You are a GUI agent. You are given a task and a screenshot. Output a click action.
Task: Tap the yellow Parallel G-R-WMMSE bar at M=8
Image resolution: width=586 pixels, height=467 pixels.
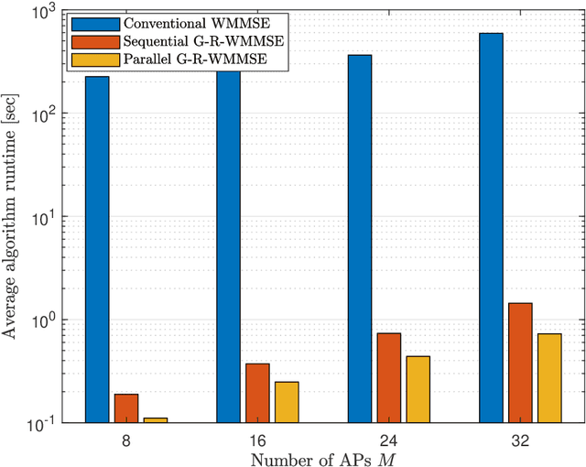point(156,420)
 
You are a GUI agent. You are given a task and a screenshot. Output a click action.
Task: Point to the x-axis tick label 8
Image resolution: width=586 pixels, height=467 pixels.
point(126,439)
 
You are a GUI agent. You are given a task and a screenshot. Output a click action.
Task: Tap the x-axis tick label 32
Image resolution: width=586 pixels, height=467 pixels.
point(520,439)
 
